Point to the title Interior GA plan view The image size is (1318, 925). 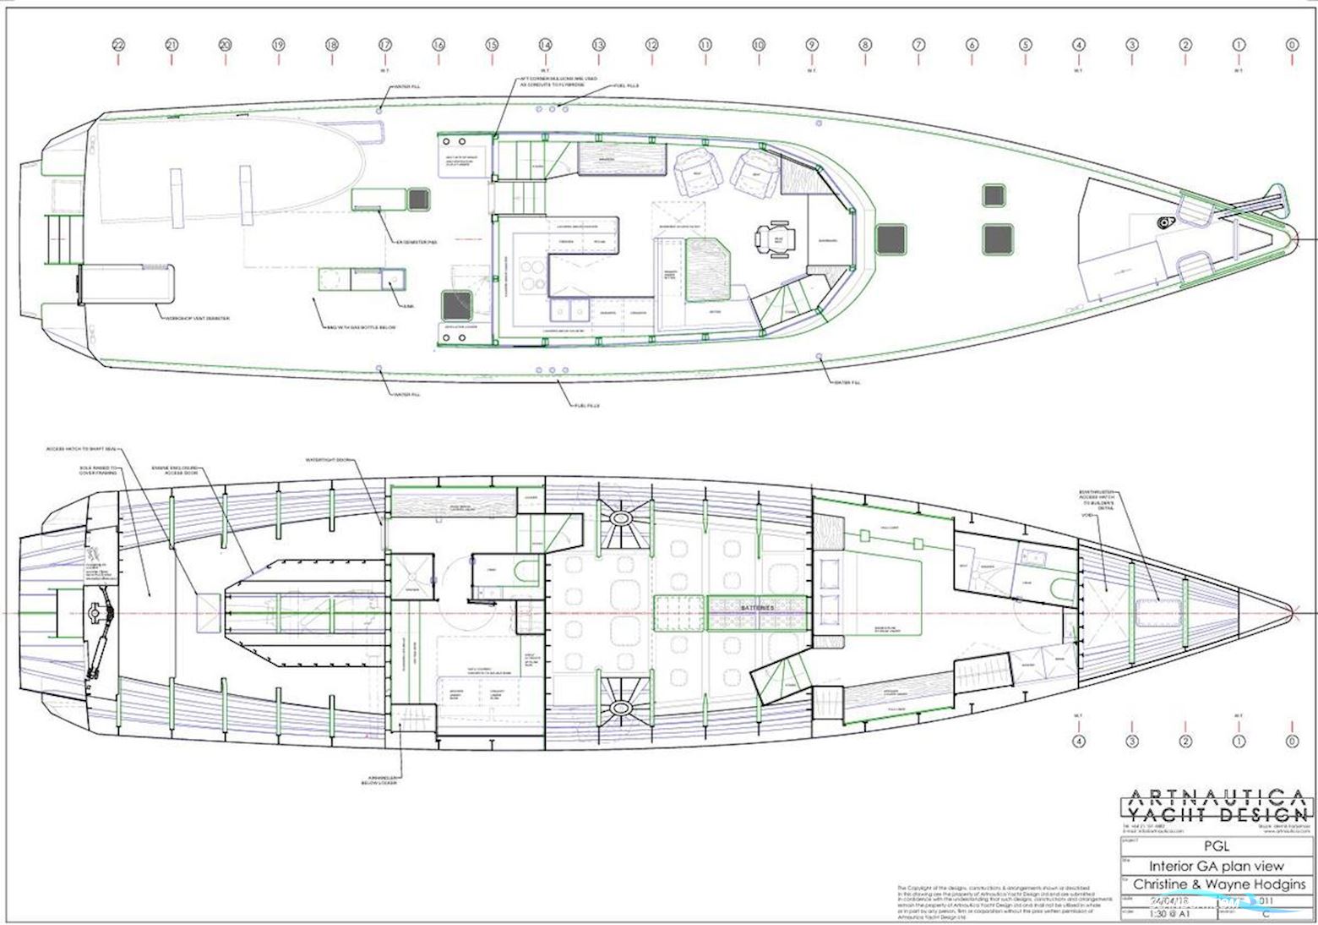(1217, 866)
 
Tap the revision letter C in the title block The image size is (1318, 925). (1265, 913)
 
